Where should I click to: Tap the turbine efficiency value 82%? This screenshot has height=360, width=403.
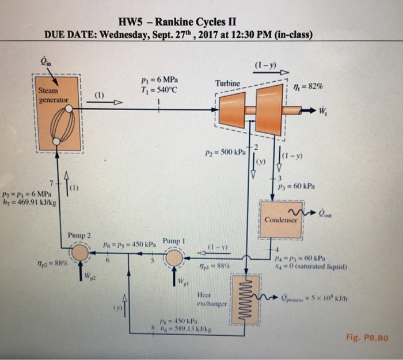tap(311, 85)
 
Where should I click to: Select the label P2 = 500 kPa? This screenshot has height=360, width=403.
tap(224, 154)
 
